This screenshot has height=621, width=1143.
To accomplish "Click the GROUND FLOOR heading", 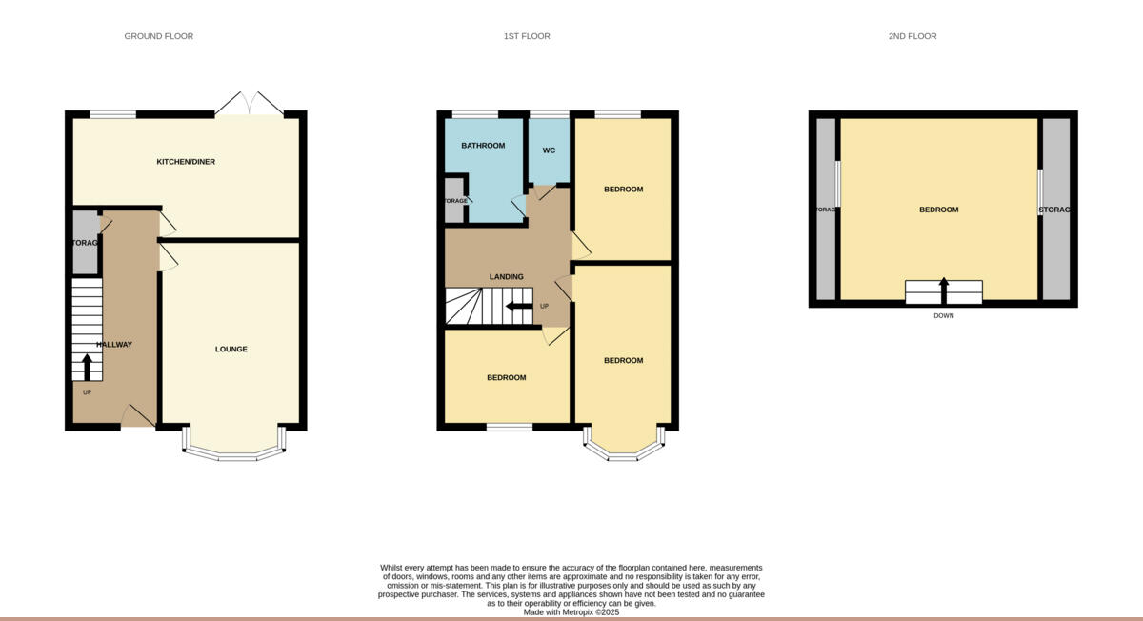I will [158, 36].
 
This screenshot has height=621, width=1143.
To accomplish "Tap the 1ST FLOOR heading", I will [527, 36].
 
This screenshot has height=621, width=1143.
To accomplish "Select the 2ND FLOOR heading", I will [912, 36].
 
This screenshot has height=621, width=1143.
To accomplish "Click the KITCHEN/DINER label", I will [186, 162].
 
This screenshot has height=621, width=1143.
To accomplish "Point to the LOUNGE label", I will [231, 350].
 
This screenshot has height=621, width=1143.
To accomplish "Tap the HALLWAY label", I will [113, 345].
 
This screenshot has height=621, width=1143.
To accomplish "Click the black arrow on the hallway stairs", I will [87, 367].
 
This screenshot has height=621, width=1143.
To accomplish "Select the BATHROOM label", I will [483, 146].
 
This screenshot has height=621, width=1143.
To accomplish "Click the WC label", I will [549, 150].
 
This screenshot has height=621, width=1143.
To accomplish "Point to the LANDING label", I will [506, 277].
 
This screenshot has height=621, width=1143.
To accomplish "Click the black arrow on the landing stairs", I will [519, 306].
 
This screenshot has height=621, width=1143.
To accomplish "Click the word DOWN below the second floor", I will [943, 315].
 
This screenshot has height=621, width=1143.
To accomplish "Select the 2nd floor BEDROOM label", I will [938, 210].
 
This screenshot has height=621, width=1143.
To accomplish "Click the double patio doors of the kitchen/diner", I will [249, 104].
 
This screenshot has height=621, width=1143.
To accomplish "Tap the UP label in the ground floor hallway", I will [87, 392].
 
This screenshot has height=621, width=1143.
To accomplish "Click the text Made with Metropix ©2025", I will [571, 612].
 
